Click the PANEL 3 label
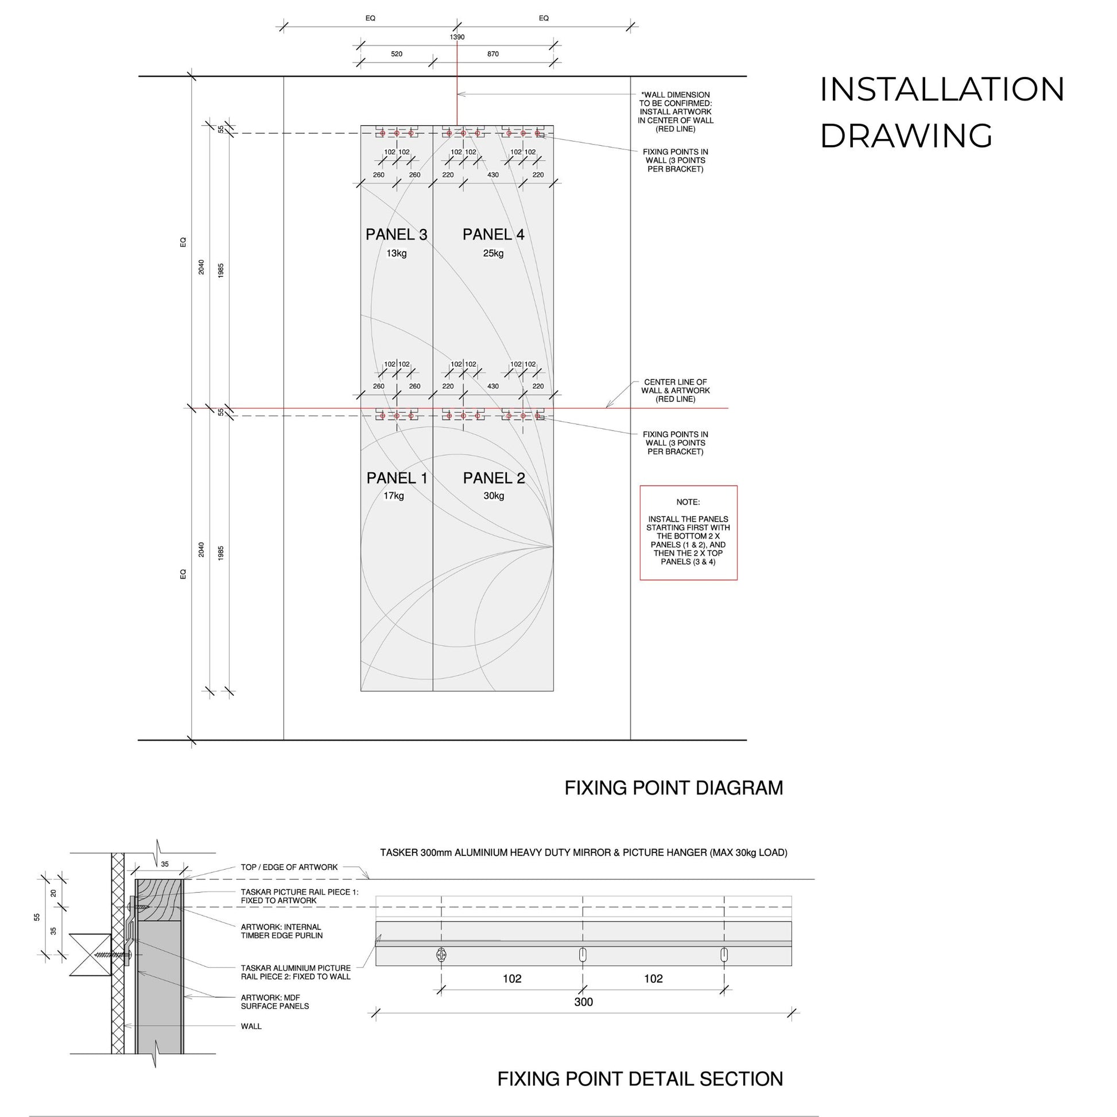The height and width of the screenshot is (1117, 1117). (x=396, y=235)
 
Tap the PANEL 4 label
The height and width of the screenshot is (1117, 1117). (x=493, y=235)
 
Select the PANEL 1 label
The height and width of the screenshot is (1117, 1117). (x=397, y=478)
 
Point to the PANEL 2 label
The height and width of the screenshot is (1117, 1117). (x=494, y=478)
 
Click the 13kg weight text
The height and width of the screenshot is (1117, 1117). (x=397, y=253)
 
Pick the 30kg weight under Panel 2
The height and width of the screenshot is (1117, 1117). (x=494, y=496)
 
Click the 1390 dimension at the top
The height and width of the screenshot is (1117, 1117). (x=457, y=37)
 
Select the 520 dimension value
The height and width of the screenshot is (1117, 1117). (x=397, y=54)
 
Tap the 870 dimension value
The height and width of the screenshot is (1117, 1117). (x=492, y=54)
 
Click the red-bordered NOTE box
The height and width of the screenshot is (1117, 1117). (x=688, y=533)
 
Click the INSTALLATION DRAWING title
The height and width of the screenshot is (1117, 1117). (x=942, y=113)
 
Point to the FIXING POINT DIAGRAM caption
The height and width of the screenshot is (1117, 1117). (x=673, y=788)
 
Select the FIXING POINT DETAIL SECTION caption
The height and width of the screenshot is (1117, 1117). (x=640, y=1080)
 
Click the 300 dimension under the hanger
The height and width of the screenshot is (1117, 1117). (x=583, y=1002)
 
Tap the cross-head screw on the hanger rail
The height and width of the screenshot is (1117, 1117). (x=442, y=955)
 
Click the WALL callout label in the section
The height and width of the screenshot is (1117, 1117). (x=251, y=1026)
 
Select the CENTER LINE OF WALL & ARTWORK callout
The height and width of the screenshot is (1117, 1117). (x=675, y=391)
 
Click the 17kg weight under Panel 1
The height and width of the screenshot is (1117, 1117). (x=394, y=496)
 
